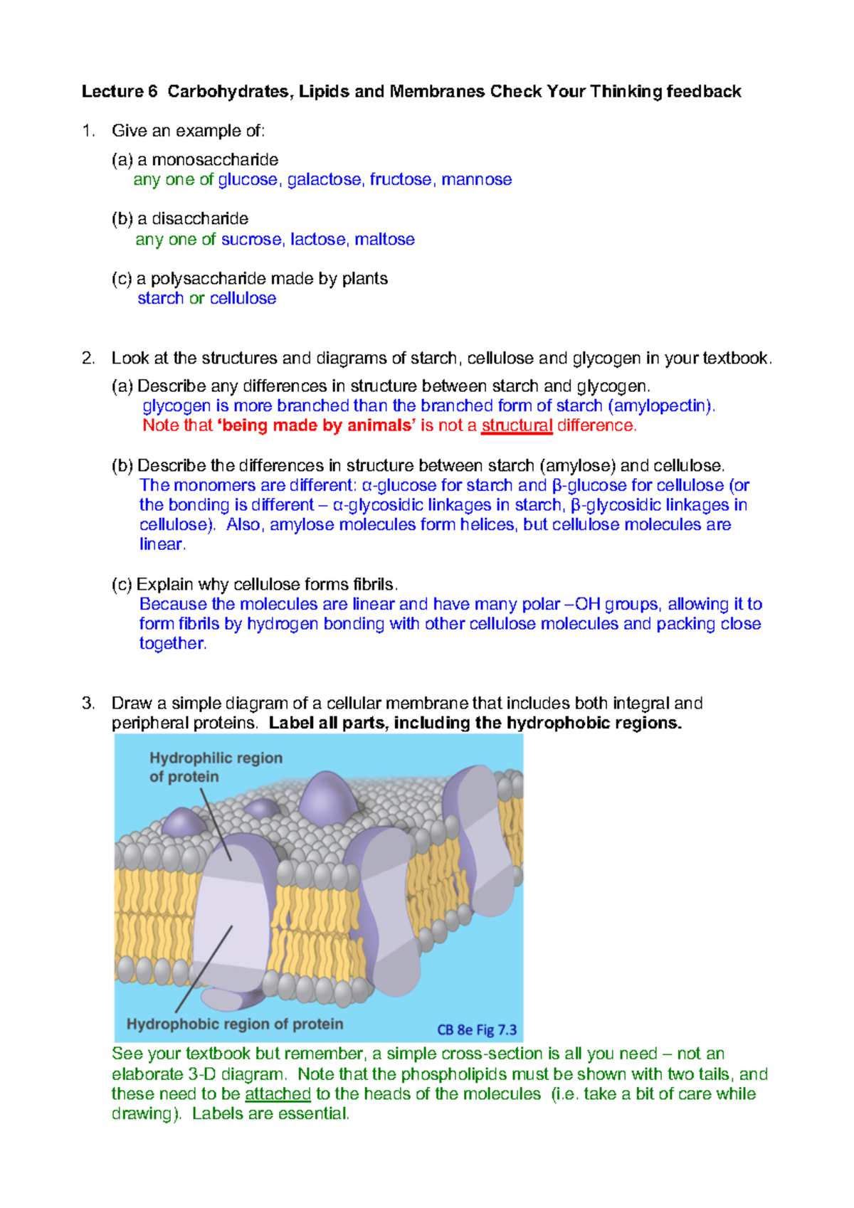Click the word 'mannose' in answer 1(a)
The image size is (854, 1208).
click(476, 180)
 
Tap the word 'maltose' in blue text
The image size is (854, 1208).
click(384, 240)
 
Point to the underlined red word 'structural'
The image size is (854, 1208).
click(517, 425)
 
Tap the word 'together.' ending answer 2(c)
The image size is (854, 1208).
click(173, 644)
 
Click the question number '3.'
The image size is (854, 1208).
click(88, 704)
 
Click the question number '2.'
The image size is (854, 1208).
click(88, 359)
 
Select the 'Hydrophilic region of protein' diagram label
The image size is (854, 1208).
click(216, 768)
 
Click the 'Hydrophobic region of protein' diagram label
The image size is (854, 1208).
click(235, 1024)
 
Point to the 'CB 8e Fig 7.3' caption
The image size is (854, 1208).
click(477, 1030)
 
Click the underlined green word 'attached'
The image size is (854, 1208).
click(278, 1094)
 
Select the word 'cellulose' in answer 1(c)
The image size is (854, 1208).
click(243, 299)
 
